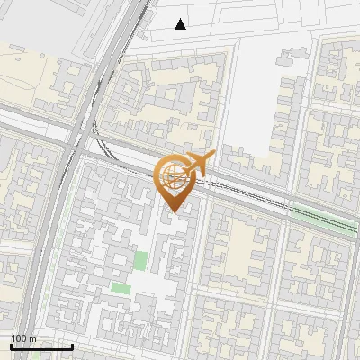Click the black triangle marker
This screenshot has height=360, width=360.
[x=181, y=24]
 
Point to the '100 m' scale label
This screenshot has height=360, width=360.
[x=24, y=338]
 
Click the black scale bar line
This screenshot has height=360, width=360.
[x=41, y=346]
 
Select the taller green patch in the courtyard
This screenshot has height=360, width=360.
[x=140, y=261]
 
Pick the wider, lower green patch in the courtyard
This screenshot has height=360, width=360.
[x=121, y=288]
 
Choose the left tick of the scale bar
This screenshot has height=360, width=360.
[x=12, y=346]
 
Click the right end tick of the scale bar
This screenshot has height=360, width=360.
[x=72, y=346]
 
